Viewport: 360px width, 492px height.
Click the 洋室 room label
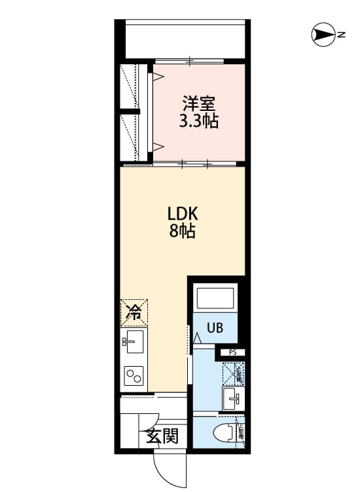[x=199, y=104]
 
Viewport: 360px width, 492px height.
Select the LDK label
[x=183, y=214]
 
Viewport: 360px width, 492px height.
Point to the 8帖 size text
[x=183, y=231]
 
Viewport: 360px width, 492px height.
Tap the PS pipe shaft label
[x=233, y=353]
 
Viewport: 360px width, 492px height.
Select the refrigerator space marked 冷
[x=134, y=313]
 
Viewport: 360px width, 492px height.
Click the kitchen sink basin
[x=134, y=341]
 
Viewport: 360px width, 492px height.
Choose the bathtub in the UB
[x=215, y=299]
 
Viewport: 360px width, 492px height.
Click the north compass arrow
[x=323, y=35]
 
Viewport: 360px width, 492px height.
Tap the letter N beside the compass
[x=342, y=35]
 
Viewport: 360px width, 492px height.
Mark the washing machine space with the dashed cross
[x=232, y=373]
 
